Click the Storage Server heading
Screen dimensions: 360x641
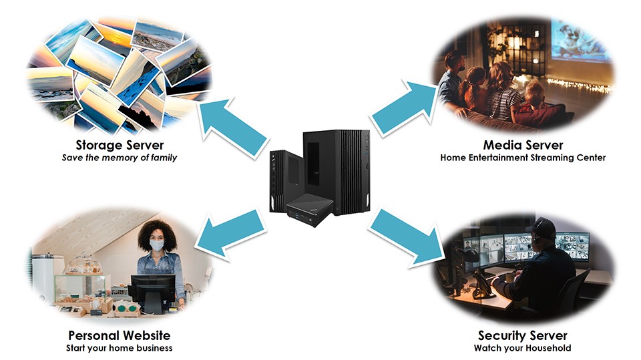tap(120, 145)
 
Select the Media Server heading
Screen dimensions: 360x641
tap(523, 145)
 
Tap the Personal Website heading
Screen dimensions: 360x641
tap(120, 335)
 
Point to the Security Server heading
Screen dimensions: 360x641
tap(523, 335)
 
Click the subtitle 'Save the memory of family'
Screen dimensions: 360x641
tap(120, 158)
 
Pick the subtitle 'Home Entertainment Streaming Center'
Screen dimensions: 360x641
tap(523, 158)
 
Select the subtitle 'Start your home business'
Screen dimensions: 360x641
tap(120, 348)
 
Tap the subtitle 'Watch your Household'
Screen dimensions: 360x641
tap(523, 348)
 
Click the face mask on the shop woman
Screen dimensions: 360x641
tap(156, 245)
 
